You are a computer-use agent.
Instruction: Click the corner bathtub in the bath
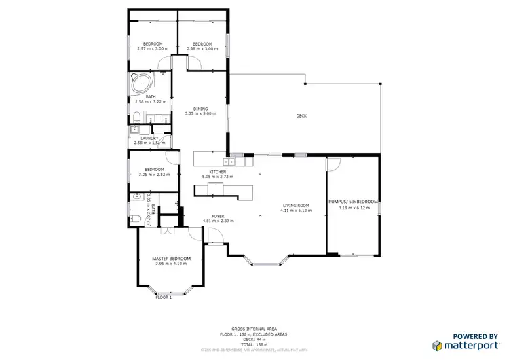(x=141, y=85)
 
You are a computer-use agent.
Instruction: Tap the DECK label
(x=301, y=116)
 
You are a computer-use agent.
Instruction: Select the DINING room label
(x=200, y=109)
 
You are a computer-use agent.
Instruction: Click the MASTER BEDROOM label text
(x=171, y=258)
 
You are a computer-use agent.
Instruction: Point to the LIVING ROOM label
(x=296, y=206)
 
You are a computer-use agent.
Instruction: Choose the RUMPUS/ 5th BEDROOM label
(x=353, y=202)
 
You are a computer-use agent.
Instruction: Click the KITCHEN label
(x=217, y=172)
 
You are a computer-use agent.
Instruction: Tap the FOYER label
(x=218, y=216)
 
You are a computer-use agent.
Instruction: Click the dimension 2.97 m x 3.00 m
(x=151, y=48)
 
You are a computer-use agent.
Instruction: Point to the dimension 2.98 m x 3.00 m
(x=202, y=48)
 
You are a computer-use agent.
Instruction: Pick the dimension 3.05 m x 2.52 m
(x=153, y=175)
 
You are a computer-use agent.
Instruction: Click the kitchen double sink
(x=235, y=162)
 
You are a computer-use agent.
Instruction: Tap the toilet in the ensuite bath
(x=136, y=218)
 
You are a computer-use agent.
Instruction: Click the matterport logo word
(x=469, y=346)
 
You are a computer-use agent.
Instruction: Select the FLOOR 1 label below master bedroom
(x=164, y=297)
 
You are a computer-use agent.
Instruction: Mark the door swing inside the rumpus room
(x=334, y=164)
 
